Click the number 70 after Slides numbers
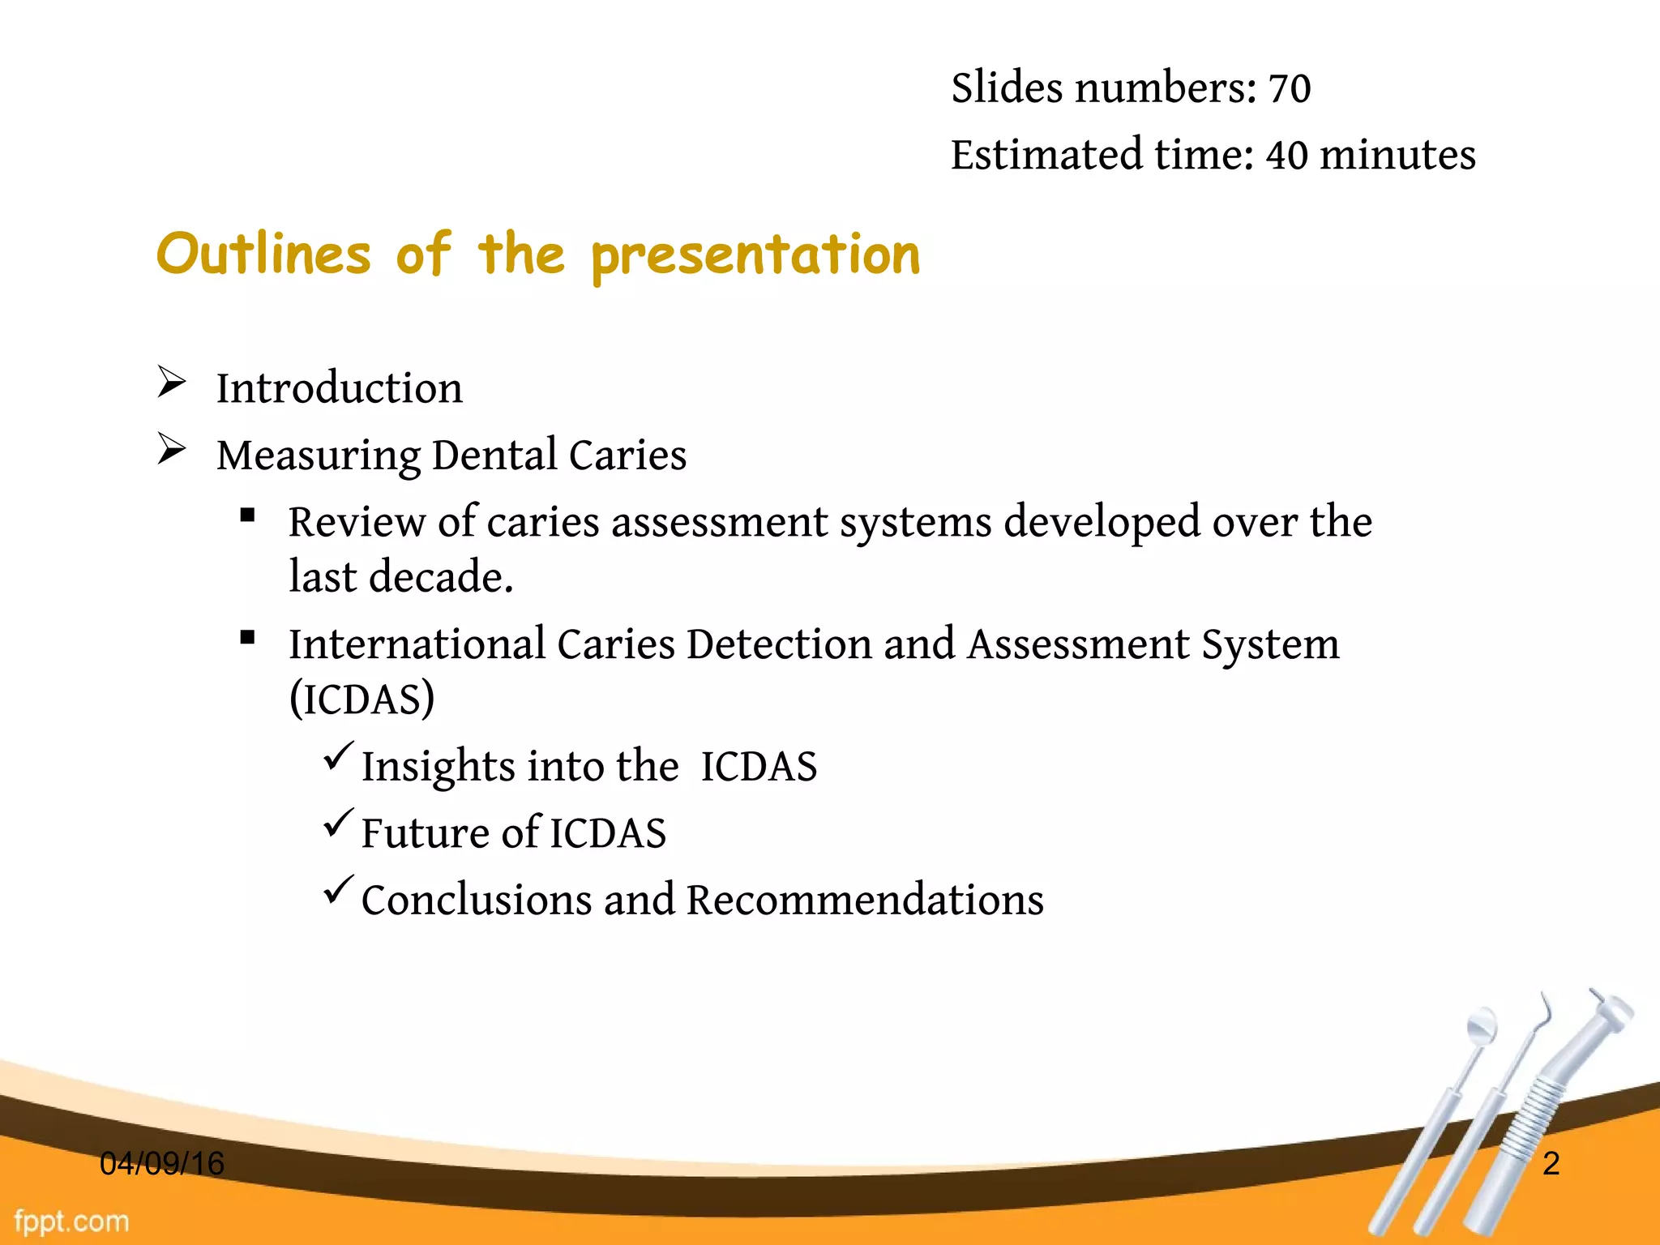[1289, 88]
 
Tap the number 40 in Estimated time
[1286, 155]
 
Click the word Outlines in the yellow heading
[263, 255]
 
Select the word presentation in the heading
[755, 256]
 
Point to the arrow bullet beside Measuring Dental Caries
[172, 449]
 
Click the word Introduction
[340, 388]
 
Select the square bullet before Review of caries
[248, 515]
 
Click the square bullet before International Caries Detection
[248, 637]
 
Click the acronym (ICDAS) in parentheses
[362, 699]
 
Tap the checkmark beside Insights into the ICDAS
[338, 756]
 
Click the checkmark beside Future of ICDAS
[338, 823]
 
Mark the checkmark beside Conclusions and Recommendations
[338, 890]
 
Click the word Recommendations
[865, 901]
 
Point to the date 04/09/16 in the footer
[162, 1164]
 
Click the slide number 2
[1551, 1164]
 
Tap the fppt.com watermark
[71, 1221]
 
